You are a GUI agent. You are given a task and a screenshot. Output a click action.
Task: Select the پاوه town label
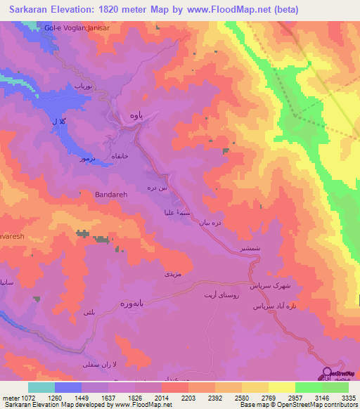pos(139,117)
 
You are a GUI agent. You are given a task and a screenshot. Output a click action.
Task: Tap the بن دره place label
pos(156,188)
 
